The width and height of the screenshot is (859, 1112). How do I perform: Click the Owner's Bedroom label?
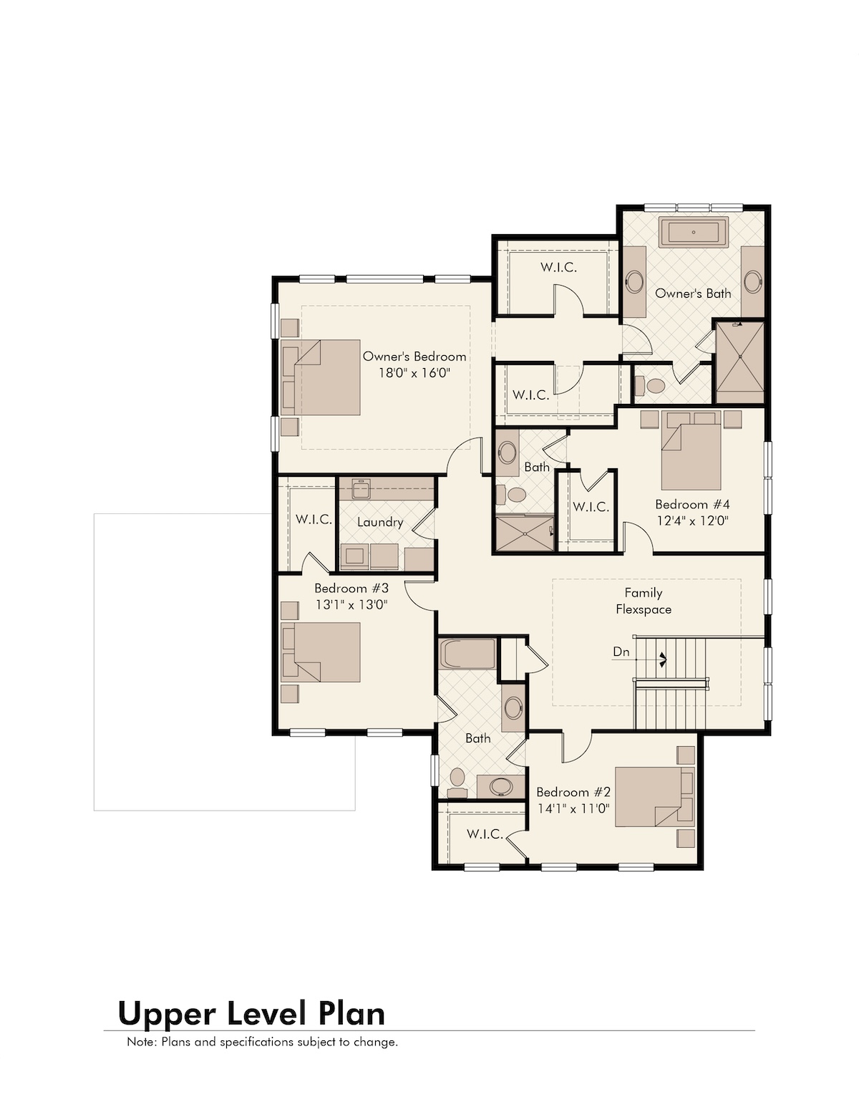pos(414,356)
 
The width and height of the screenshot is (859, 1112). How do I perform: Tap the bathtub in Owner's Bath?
pos(693,232)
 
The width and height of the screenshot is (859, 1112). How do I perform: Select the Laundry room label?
pos(380,523)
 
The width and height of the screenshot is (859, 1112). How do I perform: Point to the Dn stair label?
pos(621,652)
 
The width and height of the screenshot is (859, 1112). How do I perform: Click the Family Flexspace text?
pos(644,601)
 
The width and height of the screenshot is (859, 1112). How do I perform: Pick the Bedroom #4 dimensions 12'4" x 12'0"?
pos(692,521)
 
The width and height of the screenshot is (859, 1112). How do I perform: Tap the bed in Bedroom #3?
pos(321,652)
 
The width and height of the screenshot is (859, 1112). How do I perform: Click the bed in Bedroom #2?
pos(654,797)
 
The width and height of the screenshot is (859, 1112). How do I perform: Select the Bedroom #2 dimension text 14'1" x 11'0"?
pos(573,809)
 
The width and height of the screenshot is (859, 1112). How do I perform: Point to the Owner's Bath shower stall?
pos(739,362)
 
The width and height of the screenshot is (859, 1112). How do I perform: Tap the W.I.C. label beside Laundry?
pos(314,519)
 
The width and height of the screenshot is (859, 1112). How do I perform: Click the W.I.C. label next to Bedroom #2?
pos(485,834)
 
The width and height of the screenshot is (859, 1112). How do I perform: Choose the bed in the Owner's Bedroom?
pos(321,377)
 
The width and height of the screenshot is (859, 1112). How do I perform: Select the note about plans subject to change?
pos(262,1041)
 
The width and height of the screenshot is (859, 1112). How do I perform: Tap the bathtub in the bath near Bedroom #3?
pos(467,654)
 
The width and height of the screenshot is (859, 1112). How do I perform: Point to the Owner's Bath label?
pos(693,294)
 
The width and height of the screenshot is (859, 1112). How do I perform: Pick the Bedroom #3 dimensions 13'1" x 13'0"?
pos(351,605)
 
